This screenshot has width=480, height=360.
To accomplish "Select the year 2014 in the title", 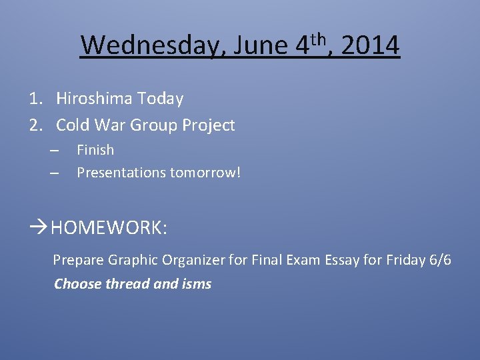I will click(x=373, y=46).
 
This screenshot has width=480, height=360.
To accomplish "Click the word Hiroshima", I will click(x=94, y=99).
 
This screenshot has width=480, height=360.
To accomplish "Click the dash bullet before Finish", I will click(x=55, y=150).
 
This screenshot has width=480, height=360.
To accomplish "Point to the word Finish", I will click(x=95, y=150).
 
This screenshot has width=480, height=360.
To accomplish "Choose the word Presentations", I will click(x=121, y=173).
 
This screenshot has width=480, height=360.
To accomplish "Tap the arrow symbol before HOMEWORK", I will click(x=39, y=228).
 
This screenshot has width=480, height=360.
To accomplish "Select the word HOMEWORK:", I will click(x=109, y=228).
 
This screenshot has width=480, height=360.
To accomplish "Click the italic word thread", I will click(x=128, y=284).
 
